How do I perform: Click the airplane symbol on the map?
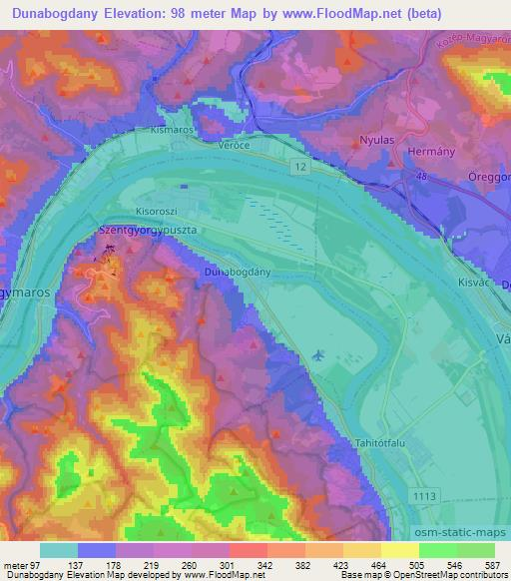pos(317,354)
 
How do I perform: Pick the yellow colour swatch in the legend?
pos(399,549)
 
